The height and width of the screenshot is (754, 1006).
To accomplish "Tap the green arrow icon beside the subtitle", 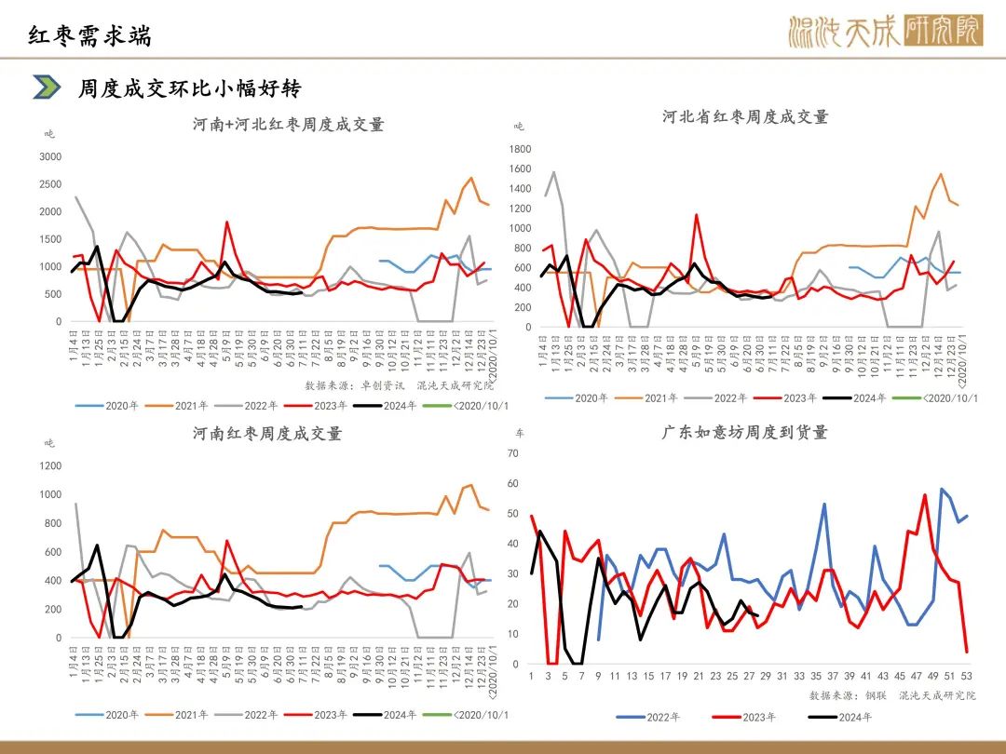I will tap(46, 88).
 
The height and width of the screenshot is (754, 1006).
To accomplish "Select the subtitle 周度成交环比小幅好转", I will tap(190, 88).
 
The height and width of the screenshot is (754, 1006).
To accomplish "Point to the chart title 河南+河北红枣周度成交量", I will tap(288, 125).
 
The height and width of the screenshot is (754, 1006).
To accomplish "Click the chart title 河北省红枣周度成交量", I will tap(745, 116).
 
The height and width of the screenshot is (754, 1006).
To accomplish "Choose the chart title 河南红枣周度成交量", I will tap(267, 433).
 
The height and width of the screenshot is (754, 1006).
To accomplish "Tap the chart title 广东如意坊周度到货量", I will tap(745, 432).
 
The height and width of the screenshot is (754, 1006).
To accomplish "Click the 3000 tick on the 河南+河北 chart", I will tap(50, 157).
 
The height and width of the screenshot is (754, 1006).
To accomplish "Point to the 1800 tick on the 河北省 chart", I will tap(520, 149).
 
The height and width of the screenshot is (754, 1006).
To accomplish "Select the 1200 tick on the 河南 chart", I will tap(50, 465).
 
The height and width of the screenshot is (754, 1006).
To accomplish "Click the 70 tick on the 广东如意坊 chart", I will tap(511, 453).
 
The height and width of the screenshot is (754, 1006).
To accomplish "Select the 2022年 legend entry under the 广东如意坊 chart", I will tap(649, 717).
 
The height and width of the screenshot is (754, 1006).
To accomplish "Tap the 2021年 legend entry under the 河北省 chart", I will tap(648, 397).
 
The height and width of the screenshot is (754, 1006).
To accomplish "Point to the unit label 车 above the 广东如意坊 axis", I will tap(520, 434).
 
